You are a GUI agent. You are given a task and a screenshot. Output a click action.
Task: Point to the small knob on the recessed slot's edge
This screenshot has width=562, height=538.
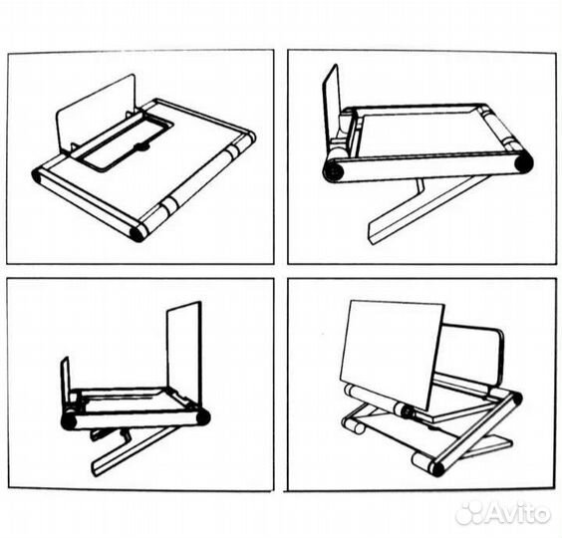click(141, 147)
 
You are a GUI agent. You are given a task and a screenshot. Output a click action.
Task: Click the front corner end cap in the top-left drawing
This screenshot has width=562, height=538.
click(137, 233)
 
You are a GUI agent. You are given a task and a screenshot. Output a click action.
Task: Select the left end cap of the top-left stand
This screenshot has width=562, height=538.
click(38, 176)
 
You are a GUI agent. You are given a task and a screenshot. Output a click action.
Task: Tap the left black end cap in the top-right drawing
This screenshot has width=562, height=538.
click(334, 171)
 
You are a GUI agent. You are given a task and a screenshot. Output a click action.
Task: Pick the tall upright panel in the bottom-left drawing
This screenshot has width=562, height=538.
click(184, 354)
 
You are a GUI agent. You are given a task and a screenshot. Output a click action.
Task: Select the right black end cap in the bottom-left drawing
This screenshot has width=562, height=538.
click(202, 416)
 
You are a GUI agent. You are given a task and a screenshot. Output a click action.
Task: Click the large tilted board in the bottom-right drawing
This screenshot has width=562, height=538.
click(391, 349)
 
